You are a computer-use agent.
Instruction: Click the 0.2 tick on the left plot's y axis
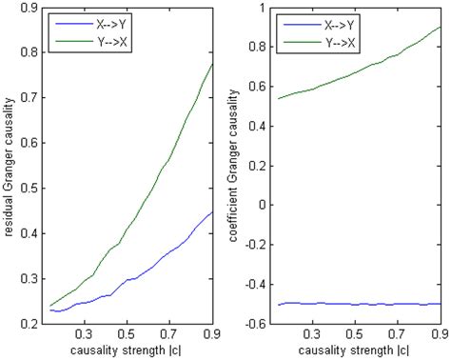click(x=28, y=324)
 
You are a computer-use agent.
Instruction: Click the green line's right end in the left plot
click(x=210, y=64)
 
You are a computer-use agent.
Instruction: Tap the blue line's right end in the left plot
click(x=210, y=212)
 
